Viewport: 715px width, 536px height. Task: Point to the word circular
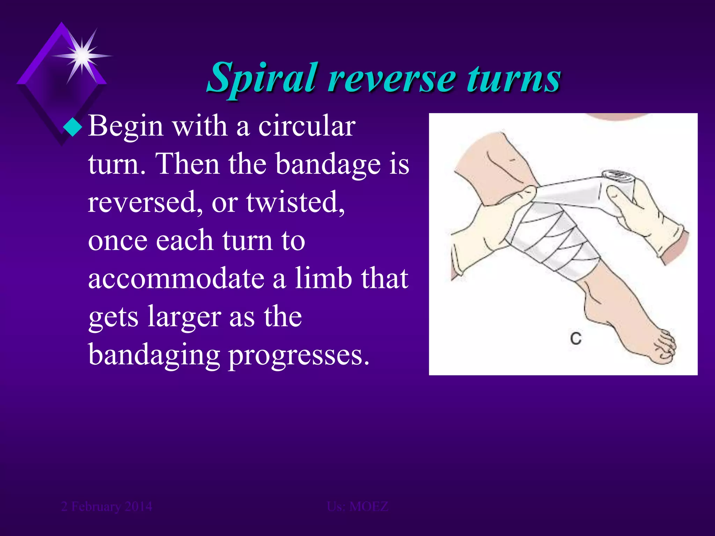pyautogui.click(x=307, y=126)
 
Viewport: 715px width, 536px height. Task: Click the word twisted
pyautogui.click(x=295, y=202)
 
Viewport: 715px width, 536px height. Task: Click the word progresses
pyautogui.click(x=299, y=355)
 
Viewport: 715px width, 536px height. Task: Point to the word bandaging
pyautogui.click(x=154, y=355)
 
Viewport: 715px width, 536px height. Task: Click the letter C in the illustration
pyautogui.click(x=576, y=338)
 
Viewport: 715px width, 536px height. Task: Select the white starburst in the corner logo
pyautogui.click(x=82, y=55)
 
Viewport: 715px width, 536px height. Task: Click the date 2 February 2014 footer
pyautogui.click(x=106, y=506)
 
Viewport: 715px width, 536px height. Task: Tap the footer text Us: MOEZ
pyautogui.click(x=357, y=506)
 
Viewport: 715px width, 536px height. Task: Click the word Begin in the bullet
pyautogui.click(x=126, y=126)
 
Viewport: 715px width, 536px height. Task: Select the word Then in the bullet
pyautogui.click(x=189, y=164)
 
